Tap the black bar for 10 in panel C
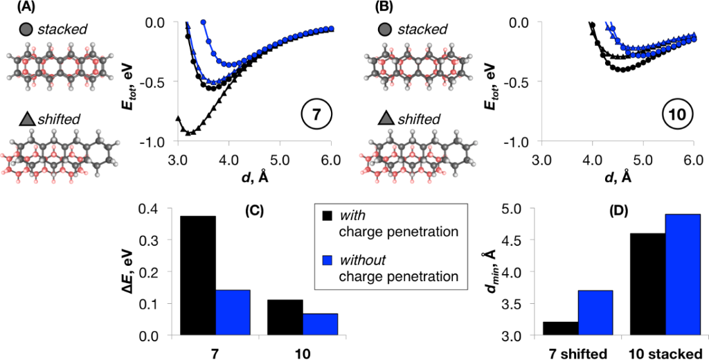click(284, 318)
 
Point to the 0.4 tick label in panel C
click(147, 208)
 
